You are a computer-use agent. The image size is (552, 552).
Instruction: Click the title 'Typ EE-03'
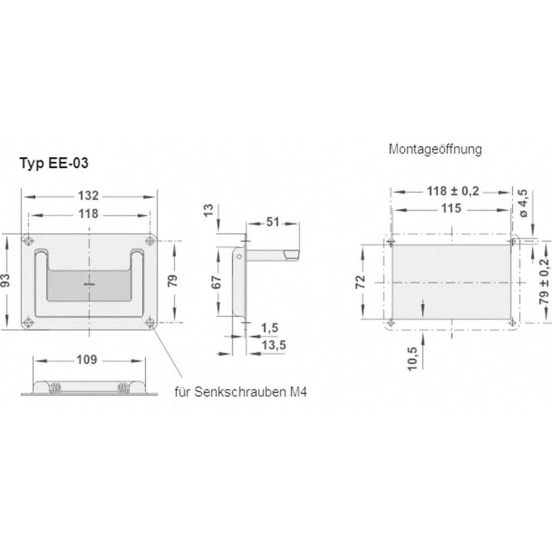coord(54,163)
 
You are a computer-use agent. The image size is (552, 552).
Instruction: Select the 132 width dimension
coord(89,195)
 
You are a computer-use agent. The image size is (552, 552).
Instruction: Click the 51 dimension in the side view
coord(273,222)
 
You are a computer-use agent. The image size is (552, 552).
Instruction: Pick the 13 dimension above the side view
coord(208,210)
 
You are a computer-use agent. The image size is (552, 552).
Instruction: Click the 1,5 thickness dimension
coord(269,328)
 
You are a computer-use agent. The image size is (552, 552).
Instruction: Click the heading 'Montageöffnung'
coord(436,149)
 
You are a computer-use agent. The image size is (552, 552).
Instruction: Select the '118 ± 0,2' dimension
coord(453,191)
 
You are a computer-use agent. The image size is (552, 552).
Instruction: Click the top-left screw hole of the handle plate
coord(28,241)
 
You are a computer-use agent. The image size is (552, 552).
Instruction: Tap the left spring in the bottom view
coord(55,388)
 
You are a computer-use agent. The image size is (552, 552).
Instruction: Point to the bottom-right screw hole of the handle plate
coord(150,322)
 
